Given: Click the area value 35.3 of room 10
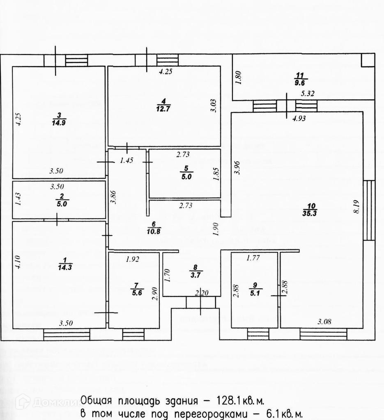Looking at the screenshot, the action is point(312,213).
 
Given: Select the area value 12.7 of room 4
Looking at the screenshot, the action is point(163,108).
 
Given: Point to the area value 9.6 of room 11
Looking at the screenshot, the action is point(301,82).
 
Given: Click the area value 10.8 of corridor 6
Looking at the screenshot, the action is point(153,231).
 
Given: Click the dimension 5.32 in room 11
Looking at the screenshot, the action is point(308,94).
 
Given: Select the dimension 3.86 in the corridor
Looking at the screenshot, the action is point(116,198).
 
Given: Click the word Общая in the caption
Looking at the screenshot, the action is point(98,400).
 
